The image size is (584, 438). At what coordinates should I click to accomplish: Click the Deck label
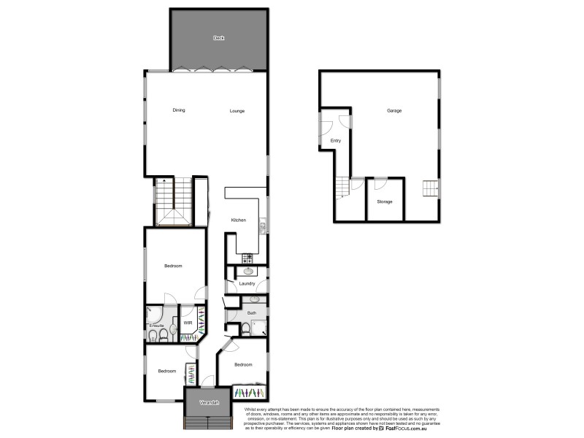point(218,38)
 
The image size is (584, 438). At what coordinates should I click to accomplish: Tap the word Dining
point(179,111)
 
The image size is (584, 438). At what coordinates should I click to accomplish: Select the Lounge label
point(237,111)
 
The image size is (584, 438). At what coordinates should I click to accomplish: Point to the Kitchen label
point(239,220)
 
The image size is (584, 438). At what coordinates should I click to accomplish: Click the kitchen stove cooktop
point(247,258)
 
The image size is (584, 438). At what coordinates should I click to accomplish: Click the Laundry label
point(246,283)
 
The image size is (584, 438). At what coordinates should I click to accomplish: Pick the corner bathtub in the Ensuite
point(153,314)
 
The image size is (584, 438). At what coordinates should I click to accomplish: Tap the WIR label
point(188,322)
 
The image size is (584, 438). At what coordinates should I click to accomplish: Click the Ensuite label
point(156,326)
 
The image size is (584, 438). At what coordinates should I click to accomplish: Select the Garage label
point(394,111)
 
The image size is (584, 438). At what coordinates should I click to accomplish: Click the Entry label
point(336,140)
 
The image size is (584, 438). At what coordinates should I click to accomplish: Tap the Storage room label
point(385,201)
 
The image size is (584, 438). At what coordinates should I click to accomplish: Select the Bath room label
point(252,313)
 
